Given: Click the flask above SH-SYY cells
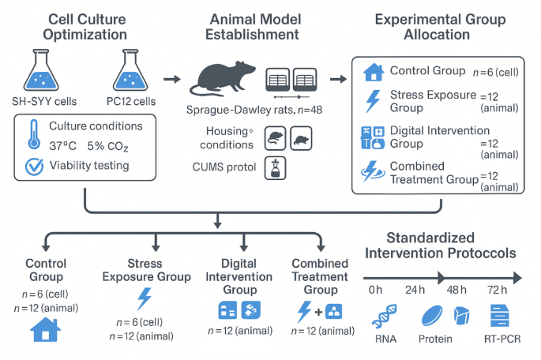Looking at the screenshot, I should pos(41,69).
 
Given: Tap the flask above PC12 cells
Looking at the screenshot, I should pos(132,69).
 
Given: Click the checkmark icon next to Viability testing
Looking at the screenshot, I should pos(34,167).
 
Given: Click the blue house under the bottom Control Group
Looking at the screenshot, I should pos(45,328).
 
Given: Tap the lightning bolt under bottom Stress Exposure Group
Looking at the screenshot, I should pos(145,298).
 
